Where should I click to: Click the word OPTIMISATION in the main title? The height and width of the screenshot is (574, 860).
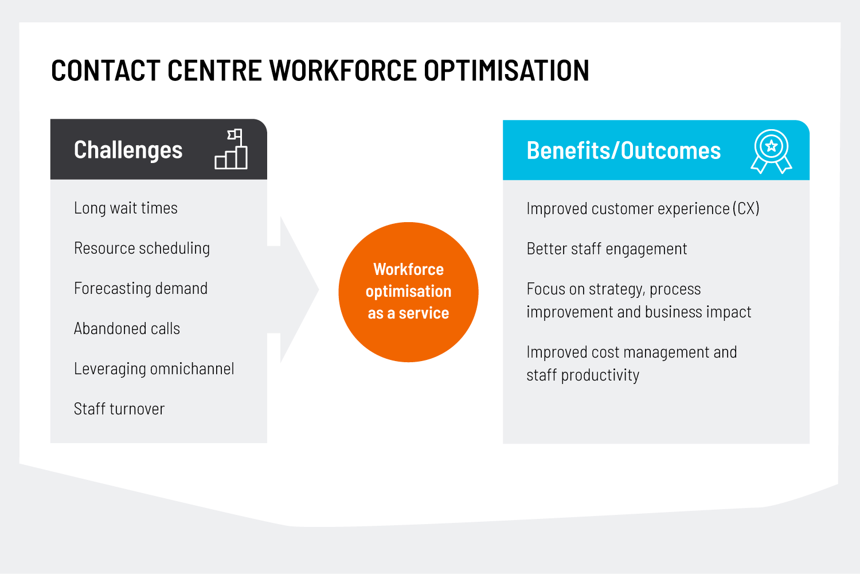click(x=506, y=71)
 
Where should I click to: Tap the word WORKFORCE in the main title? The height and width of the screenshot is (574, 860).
click(x=343, y=71)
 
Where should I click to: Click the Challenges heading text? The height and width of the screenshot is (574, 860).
click(x=128, y=150)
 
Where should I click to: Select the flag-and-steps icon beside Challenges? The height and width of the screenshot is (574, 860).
click(x=231, y=149)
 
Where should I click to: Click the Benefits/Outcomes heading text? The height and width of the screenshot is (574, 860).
click(x=624, y=150)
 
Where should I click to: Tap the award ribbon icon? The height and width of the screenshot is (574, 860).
click(x=771, y=152)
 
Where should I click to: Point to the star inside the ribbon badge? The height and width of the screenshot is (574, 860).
click(x=771, y=146)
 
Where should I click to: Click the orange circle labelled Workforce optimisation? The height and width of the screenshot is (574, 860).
click(x=408, y=292)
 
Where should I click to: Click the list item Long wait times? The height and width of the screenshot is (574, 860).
click(x=126, y=208)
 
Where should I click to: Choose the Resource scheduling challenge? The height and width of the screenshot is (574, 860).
click(x=142, y=249)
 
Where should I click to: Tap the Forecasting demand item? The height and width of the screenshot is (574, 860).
click(x=140, y=288)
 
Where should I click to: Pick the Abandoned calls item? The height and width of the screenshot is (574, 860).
click(x=127, y=329)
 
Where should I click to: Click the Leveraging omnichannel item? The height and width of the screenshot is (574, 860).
click(x=154, y=369)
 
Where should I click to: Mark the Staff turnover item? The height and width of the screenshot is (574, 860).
click(x=119, y=409)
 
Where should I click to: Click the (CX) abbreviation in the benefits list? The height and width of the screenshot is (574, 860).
click(x=745, y=209)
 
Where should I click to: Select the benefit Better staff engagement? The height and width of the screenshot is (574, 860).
click(x=607, y=249)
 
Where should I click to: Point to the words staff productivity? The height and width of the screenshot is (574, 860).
click(x=583, y=375)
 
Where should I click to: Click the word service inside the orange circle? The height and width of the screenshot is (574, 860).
click(x=424, y=313)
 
